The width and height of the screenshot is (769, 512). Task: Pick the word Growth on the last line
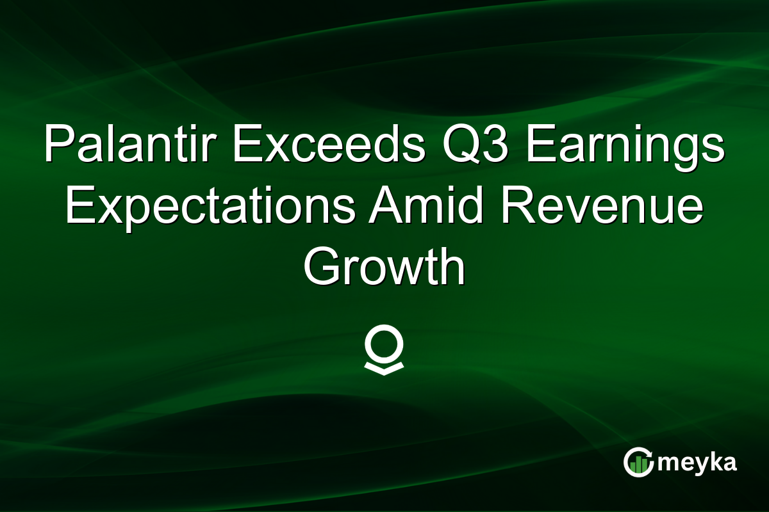click(384, 269)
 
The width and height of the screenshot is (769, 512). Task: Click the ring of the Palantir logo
click(384, 346)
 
